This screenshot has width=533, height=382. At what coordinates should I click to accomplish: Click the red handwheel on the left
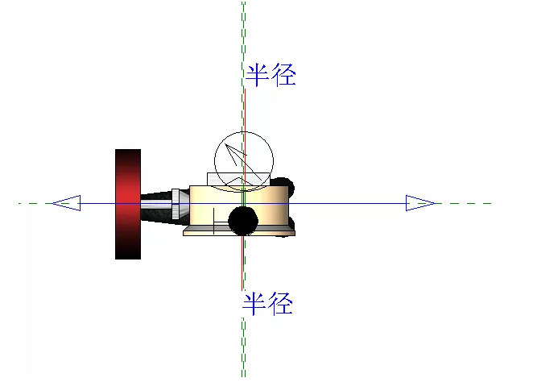(x=128, y=204)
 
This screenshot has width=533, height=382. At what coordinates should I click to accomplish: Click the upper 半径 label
(x=271, y=75)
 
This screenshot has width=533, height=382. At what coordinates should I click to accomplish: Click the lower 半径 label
(x=267, y=303)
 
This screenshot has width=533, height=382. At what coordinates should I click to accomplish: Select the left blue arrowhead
(x=66, y=203)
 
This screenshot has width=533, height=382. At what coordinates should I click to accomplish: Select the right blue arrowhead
(x=420, y=203)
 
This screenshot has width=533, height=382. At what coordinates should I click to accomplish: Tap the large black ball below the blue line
(x=242, y=221)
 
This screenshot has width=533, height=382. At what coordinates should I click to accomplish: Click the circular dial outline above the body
(x=244, y=161)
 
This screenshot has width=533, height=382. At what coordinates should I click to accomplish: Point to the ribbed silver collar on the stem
(x=176, y=204)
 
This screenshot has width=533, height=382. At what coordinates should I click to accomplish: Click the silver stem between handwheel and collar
(x=156, y=204)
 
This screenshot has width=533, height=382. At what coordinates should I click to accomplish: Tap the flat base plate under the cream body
(x=239, y=232)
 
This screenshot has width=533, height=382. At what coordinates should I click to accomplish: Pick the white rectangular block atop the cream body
(x=238, y=179)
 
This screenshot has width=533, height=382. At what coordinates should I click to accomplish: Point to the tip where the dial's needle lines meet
(x=225, y=144)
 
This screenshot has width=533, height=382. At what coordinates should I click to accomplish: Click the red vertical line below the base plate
(x=242, y=264)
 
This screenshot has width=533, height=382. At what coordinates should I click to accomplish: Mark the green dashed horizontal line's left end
(x=19, y=203)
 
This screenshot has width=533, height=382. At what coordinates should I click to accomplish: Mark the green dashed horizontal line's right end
(x=491, y=203)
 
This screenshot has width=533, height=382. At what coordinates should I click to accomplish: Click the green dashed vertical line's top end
(x=243, y=2)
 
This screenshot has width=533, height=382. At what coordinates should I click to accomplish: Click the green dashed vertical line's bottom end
(x=243, y=376)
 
